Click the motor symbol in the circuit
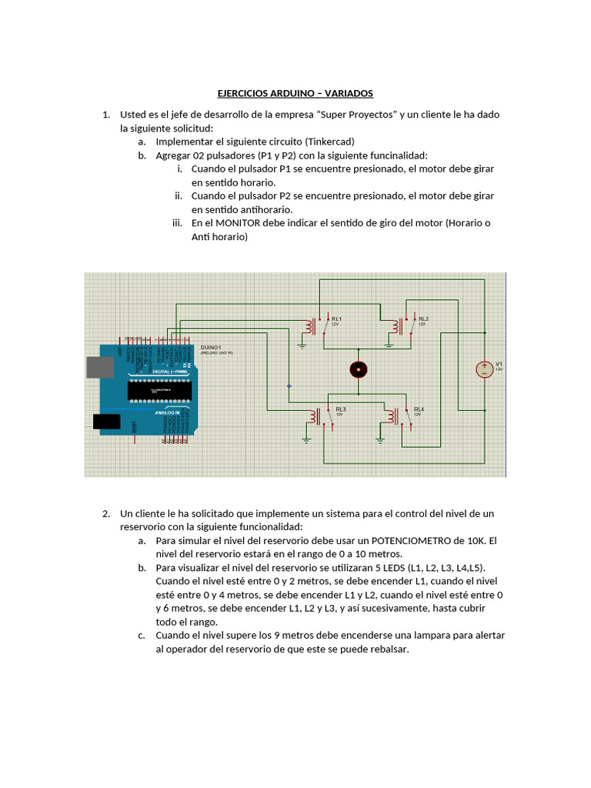pos(357,370)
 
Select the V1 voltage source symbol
pos(484,369)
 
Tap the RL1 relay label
pos(336,319)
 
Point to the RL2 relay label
pos(423,319)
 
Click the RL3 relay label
pos(341,409)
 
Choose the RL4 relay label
pos(419,409)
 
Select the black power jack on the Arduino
pos(106,421)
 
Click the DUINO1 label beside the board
pos(211,348)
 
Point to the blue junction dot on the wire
pos(289,386)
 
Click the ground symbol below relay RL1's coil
pos(302,346)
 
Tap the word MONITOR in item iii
pos(239,223)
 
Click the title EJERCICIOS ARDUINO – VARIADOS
pos(295,93)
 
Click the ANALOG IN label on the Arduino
pos(167,412)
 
